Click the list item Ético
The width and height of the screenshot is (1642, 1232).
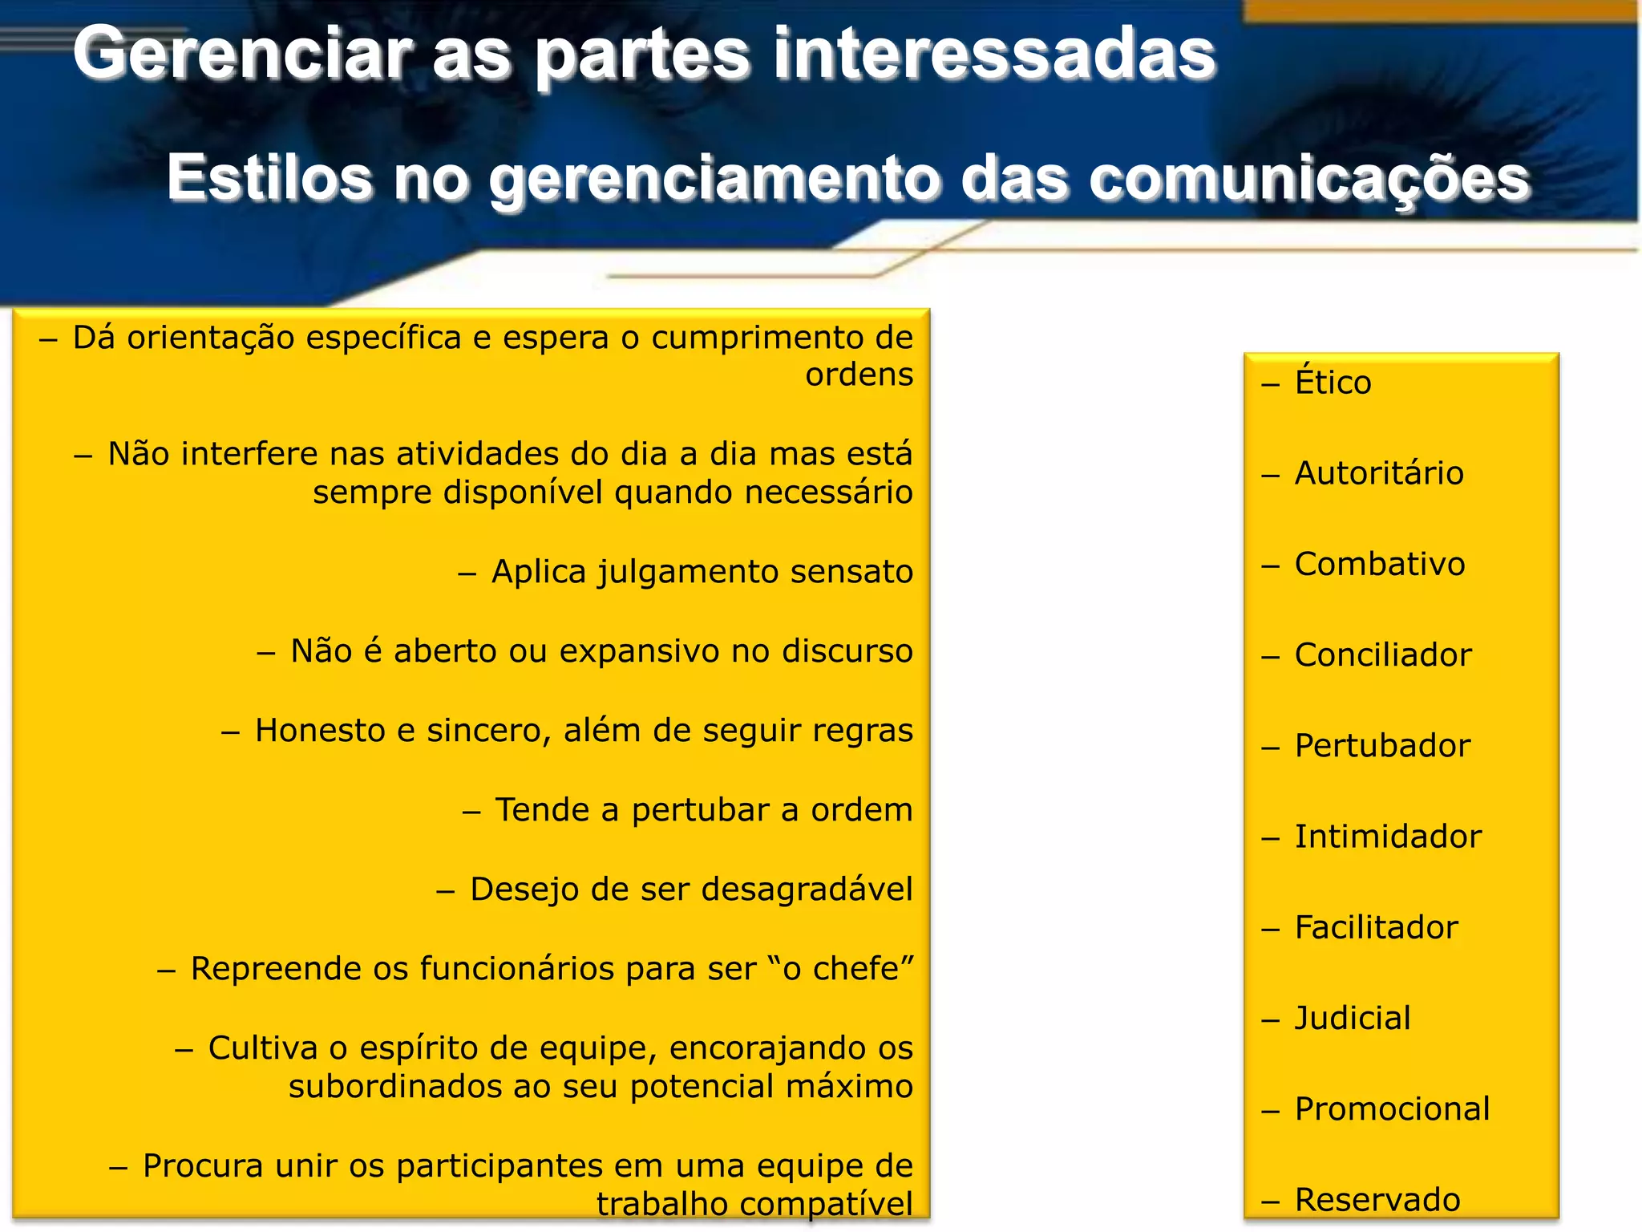1333,383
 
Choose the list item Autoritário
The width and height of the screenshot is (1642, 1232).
1379,473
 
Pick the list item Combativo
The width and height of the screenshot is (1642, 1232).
1380,564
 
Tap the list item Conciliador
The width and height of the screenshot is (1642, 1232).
1383,655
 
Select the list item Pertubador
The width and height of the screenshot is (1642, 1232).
1382,746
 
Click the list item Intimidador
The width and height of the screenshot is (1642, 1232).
1388,837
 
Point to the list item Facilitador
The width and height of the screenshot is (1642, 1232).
1376,927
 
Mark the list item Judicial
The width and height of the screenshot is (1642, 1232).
1353,1018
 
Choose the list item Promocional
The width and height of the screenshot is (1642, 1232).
1392,1108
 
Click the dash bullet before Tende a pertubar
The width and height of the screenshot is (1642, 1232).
471,812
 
